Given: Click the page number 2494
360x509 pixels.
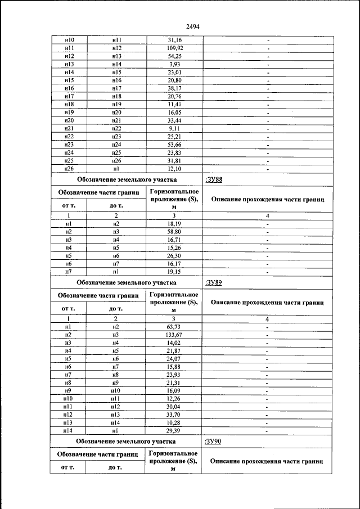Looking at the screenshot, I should tap(181, 26).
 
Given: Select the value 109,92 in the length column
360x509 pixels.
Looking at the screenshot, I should tap(174, 48).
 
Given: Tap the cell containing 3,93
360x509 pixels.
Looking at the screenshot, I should tap(174, 65).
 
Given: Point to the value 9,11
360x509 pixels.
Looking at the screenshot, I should tap(174, 128).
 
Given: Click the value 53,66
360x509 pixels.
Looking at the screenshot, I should tap(174, 145).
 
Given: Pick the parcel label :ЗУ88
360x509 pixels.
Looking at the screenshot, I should tap(214, 180).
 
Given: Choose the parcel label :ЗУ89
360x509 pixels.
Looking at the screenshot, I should tap(214, 282).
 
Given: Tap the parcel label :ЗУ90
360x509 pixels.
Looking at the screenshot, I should tap(214, 442).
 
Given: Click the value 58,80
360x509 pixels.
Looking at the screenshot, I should tap(174, 232).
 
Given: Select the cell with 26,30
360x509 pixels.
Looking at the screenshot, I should tap(174, 255).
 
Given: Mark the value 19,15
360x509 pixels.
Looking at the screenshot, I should tap(174, 272).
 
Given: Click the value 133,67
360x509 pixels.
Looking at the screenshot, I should tap(174, 335).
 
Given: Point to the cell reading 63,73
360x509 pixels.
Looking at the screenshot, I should tap(174, 327).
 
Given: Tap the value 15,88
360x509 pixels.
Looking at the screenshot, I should tap(174, 367).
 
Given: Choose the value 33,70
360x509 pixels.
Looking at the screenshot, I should tap(174, 415).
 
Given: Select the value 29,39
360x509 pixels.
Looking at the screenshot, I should tap(174, 430).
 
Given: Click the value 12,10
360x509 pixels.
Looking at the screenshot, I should tap(174, 168).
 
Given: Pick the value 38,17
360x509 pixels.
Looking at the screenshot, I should tap(174, 88).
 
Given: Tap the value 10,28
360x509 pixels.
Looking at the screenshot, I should tap(174, 422).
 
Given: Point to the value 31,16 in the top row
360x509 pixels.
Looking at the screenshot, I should tap(174, 40).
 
